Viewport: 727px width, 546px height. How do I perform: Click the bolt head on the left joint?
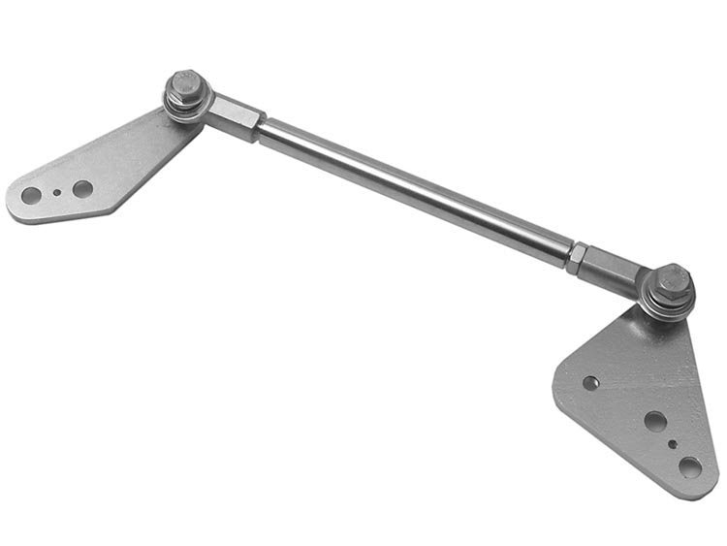point(184,85)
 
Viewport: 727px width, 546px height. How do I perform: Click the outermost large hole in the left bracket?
point(31,196)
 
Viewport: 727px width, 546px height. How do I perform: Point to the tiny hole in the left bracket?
point(57,192)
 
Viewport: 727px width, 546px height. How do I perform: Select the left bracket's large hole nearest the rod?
point(83,188)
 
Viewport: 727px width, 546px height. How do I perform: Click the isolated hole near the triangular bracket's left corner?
point(589,383)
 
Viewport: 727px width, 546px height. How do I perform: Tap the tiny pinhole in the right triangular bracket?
point(673,446)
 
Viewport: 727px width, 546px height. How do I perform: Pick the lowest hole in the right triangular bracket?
point(690,467)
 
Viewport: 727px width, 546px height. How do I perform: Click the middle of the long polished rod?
point(417,188)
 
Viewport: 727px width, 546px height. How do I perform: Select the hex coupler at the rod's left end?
point(236,116)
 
